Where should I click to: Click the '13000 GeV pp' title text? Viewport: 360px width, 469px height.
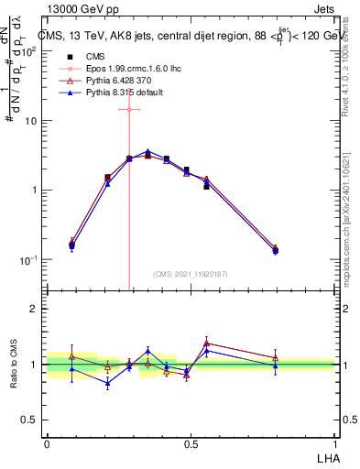pyautogui.click(x=83, y=8)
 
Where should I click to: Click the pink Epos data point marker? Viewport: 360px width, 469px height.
pyautogui.click(x=129, y=109)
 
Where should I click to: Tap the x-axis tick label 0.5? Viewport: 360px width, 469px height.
pyautogui.click(x=191, y=442)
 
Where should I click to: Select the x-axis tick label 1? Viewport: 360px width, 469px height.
pyautogui.click(x=334, y=442)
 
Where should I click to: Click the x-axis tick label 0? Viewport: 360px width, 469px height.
pyautogui.click(x=47, y=442)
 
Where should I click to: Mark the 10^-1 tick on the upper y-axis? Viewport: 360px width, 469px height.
pyautogui.click(x=29, y=260)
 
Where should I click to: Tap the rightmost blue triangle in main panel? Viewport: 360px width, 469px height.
pyautogui.click(x=276, y=251)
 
